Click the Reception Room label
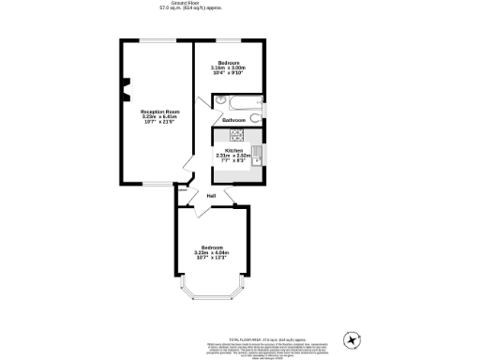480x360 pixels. click(159, 112)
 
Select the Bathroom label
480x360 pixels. click(234, 121)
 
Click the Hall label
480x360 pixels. click(212, 195)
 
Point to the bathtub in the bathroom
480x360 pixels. click(237, 103)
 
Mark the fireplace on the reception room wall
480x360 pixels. click(123, 92)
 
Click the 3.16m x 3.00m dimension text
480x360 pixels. click(228, 68)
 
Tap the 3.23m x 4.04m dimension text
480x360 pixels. click(212, 252)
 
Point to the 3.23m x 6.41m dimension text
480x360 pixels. click(159, 117)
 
